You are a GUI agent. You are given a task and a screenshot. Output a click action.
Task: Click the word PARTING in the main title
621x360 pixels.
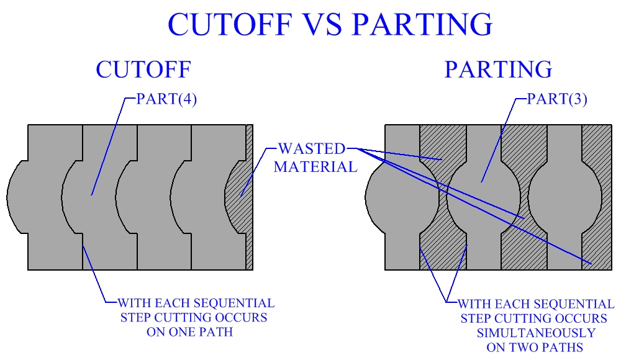click(422, 25)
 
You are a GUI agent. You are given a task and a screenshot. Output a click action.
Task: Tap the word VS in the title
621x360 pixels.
click(325, 25)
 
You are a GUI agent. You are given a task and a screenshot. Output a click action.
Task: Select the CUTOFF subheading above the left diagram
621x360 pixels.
click(143, 70)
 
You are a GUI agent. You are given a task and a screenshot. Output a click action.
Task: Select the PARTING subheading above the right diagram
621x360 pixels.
click(498, 70)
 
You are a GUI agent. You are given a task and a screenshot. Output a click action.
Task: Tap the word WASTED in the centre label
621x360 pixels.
click(311, 149)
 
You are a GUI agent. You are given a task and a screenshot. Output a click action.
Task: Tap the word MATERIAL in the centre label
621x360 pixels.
click(315, 166)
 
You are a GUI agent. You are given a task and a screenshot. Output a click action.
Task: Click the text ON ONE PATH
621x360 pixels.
click(189, 331)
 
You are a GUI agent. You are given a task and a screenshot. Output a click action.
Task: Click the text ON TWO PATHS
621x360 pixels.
click(535, 348)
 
